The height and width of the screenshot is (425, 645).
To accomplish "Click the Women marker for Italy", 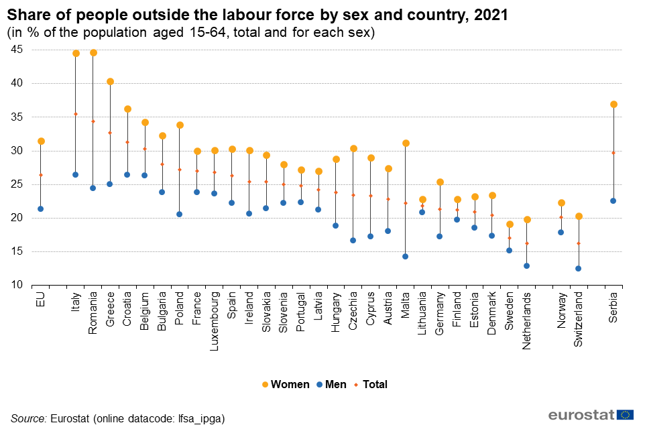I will click(x=76, y=53).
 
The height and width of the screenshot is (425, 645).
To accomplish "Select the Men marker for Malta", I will click(x=405, y=256).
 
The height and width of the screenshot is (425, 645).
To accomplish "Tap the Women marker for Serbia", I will click(x=613, y=104).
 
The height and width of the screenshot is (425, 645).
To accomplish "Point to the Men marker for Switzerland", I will click(x=578, y=268).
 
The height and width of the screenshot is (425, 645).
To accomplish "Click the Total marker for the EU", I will click(x=41, y=175).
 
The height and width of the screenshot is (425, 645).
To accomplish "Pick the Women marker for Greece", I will click(x=110, y=82).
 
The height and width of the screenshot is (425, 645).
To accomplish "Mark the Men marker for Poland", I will click(x=180, y=214).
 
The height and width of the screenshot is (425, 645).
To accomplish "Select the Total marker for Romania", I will click(x=93, y=121).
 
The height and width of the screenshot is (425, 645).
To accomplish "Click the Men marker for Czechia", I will click(x=353, y=240).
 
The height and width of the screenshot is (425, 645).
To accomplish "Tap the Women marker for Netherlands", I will click(x=527, y=219).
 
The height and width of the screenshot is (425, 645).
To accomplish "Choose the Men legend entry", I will click(x=332, y=384).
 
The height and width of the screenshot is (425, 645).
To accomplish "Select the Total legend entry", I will click(x=372, y=384).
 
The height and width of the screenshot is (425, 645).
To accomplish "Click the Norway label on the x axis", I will click(x=562, y=309).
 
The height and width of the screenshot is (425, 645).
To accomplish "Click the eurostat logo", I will click(x=591, y=414).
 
